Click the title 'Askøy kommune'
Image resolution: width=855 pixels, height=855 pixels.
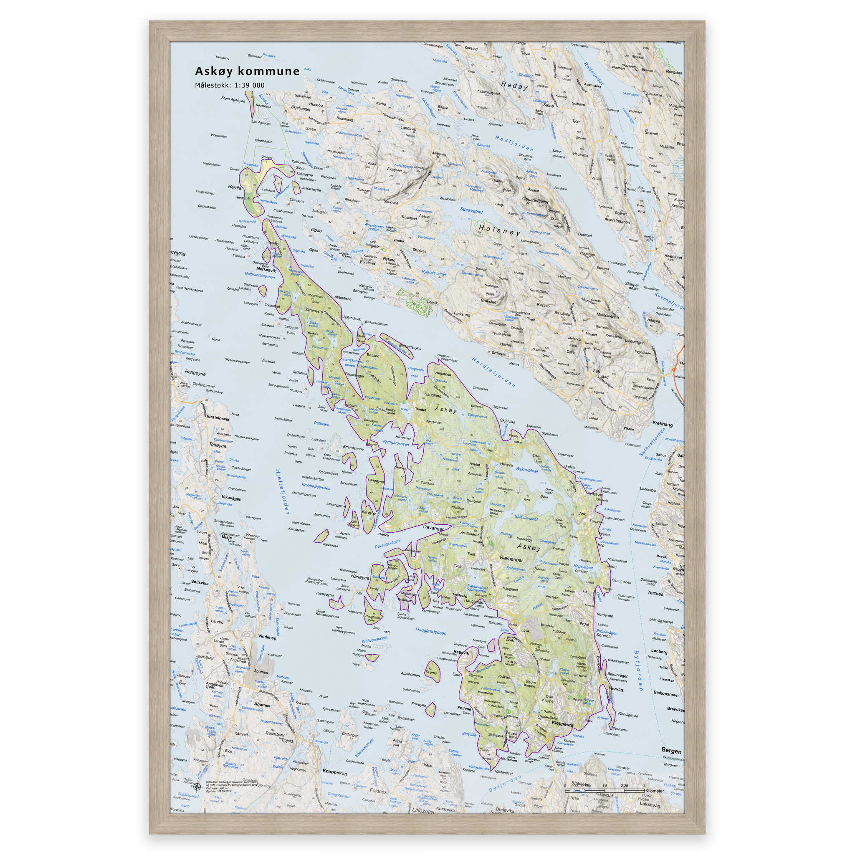tap(248, 71)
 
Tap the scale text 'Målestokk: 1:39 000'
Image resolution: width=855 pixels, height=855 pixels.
tap(230, 86)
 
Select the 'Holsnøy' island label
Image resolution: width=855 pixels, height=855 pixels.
tap(500, 230)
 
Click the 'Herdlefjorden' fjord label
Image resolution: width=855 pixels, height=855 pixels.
tap(493, 372)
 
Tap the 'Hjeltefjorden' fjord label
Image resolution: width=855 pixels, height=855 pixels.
tap(282, 492)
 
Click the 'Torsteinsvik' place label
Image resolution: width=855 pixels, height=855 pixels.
tap(218, 418)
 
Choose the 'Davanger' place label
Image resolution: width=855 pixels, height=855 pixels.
tap(433, 528)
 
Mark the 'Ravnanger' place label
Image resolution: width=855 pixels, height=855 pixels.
tap(511, 558)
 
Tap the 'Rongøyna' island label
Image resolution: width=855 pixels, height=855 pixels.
tap(196, 372)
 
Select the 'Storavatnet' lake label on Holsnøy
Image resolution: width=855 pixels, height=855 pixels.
tap(471, 211)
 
